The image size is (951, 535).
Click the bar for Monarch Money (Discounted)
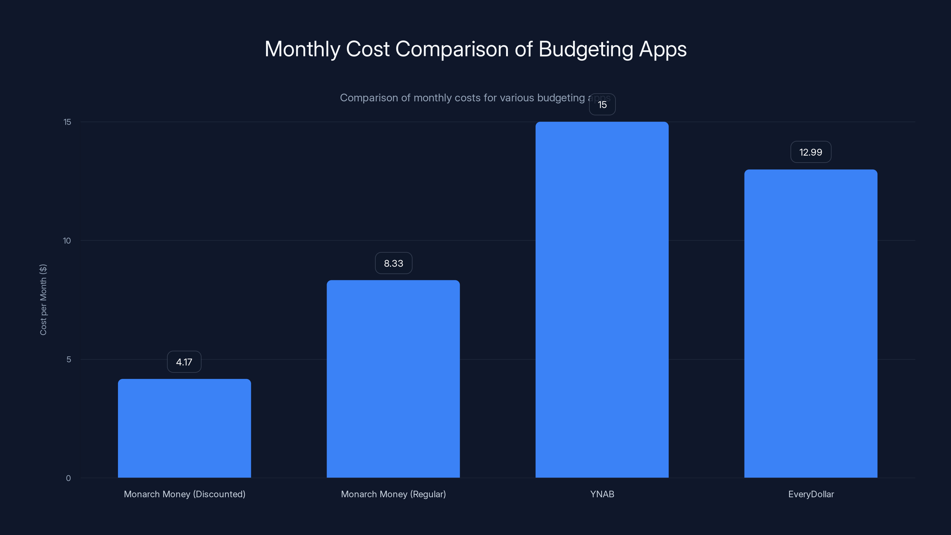(184, 428)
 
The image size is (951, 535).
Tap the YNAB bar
(602, 299)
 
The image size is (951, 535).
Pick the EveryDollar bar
(811, 323)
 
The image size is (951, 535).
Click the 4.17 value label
(184, 362)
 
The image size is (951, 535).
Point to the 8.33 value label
(393, 263)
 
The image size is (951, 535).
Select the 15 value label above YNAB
(602, 105)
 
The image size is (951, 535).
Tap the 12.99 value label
(811, 152)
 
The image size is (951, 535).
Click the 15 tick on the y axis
(67, 122)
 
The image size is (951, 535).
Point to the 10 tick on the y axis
(67, 241)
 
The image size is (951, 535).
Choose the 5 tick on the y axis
(69, 359)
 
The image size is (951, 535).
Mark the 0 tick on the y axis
(68, 478)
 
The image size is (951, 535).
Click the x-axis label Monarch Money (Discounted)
(185, 494)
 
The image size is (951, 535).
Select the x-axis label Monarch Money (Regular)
(393, 494)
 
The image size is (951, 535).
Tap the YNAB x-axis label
(602, 494)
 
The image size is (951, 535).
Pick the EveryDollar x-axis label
(811, 494)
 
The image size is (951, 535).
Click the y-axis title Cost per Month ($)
(43, 299)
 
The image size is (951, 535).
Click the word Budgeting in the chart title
(586, 49)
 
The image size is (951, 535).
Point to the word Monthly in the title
(302, 49)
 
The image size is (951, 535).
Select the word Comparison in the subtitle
(369, 98)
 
